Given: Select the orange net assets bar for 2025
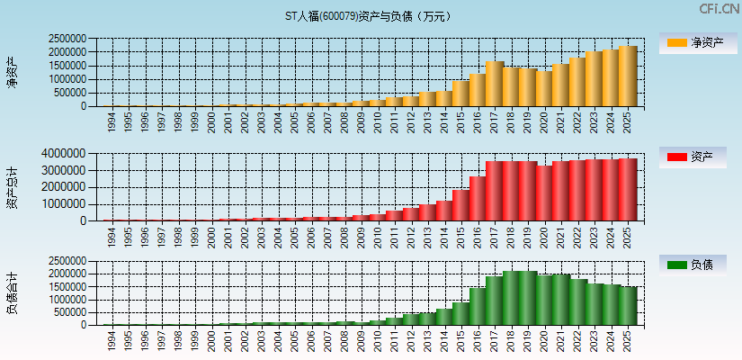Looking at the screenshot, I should (x=627, y=76).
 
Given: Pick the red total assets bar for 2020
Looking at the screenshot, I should (x=544, y=193).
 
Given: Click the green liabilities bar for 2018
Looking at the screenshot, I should (x=511, y=298).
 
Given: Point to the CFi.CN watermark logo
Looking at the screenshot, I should (x=718, y=9).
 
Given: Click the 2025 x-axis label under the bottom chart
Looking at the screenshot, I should (x=627, y=341).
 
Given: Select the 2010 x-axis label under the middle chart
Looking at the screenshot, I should (x=378, y=237).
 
